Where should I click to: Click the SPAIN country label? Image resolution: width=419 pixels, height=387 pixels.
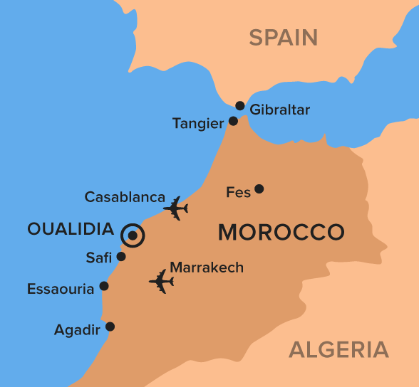coord(283,37)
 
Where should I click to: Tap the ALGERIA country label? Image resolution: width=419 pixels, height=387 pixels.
coord(338,349)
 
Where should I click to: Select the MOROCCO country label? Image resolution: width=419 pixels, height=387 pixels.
coord(281,232)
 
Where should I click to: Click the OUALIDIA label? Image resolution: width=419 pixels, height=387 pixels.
coord(71,228)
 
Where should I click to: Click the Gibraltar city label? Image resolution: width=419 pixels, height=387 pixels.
coord(280,110)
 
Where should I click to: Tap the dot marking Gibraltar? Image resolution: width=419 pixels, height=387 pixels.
coord(240,106)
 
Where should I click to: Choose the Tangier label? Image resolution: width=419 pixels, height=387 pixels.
coord(198,124)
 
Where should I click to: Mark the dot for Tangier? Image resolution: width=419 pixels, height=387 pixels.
coord(233,122)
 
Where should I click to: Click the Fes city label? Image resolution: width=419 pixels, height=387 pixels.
coord(237,192)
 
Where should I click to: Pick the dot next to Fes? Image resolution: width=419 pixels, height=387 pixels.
coord(259,189)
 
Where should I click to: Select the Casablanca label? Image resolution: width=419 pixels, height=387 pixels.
coord(125,197)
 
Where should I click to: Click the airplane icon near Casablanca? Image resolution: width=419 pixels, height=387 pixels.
coord(175,208)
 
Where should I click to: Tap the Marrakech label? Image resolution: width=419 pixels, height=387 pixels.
coord(207,267)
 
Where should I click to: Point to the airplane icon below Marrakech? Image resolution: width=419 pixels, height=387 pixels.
coord(162,281)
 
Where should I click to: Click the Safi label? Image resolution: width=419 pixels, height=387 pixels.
coord(99,258)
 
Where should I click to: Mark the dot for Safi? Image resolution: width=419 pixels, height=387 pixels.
coord(121,257)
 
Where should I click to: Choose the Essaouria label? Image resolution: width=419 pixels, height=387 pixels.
coord(61,289)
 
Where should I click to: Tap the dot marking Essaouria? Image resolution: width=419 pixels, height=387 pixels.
coord(104,286)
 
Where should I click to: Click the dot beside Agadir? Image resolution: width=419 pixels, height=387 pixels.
coord(110,327)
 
